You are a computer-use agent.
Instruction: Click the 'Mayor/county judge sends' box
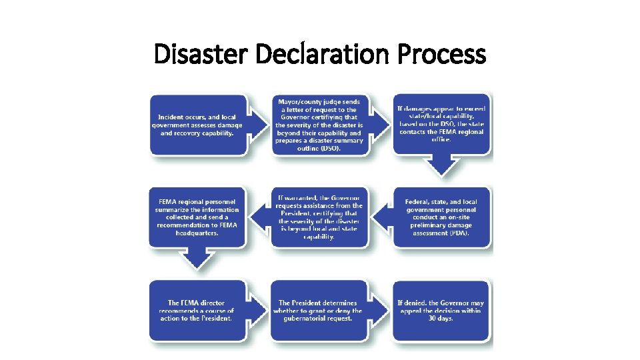point(319,124)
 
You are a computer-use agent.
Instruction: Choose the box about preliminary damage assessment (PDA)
point(441,217)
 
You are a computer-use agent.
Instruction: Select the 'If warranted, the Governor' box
point(319,217)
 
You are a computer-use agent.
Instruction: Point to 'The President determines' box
point(319,311)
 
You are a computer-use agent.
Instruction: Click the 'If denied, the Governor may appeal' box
point(442,311)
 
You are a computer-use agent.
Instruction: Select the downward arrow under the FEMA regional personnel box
point(197,257)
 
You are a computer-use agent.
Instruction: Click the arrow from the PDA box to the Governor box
point(380,217)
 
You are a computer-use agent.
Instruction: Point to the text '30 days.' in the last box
point(441,319)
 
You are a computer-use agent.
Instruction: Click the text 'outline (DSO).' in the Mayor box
point(319,148)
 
